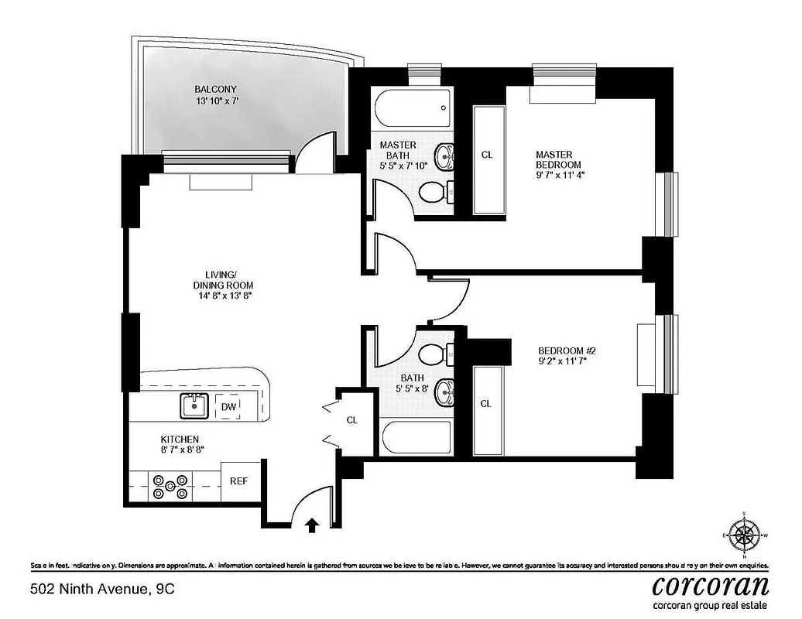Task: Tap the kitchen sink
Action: [x=193, y=405]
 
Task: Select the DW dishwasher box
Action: [x=228, y=407]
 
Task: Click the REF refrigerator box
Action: [x=238, y=480]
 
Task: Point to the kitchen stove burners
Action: [x=170, y=486]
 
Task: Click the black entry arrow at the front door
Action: [x=312, y=526]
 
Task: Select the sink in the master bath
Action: [x=444, y=157]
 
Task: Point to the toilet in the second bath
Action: [x=435, y=354]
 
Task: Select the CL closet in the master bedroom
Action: [x=487, y=155]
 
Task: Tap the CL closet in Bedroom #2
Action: [x=486, y=403]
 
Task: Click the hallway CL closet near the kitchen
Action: [x=352, y=420]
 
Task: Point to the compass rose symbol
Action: [x=745, y=535]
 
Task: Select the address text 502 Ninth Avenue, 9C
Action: [x=102, y=589]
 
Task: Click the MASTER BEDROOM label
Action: [x=557, y=159]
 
